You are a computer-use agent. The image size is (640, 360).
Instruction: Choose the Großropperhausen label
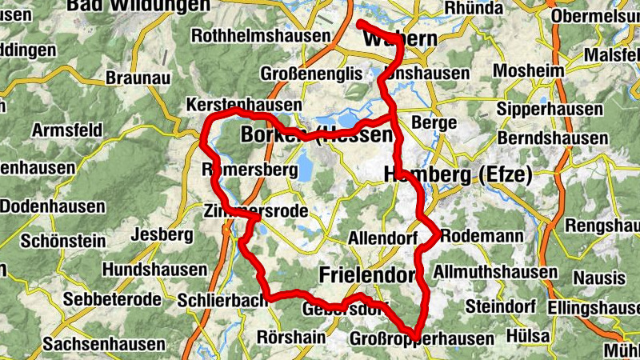422,340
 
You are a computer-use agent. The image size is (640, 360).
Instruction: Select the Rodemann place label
482,237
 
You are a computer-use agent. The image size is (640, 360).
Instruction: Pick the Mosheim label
529,71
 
